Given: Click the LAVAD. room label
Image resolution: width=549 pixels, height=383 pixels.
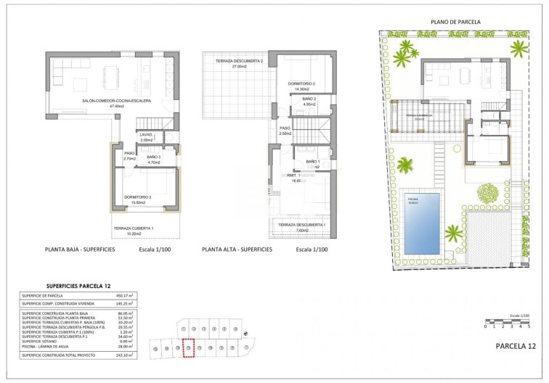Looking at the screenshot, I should (x=146, y=135).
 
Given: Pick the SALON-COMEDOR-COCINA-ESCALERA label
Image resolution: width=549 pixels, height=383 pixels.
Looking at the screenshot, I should (x=117, y=101).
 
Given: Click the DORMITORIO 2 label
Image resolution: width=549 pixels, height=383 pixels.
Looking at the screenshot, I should (x=301, y=83).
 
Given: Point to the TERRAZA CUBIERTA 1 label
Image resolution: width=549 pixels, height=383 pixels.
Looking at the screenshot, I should (x=134, y=228).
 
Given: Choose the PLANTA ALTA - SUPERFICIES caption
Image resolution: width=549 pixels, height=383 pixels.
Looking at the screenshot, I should (x=237, y=249).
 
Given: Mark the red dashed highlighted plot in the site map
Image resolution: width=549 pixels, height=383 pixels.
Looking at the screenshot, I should (x=189, y=350).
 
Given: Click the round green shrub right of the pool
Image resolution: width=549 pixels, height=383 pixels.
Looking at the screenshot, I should (x=488, y=193).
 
